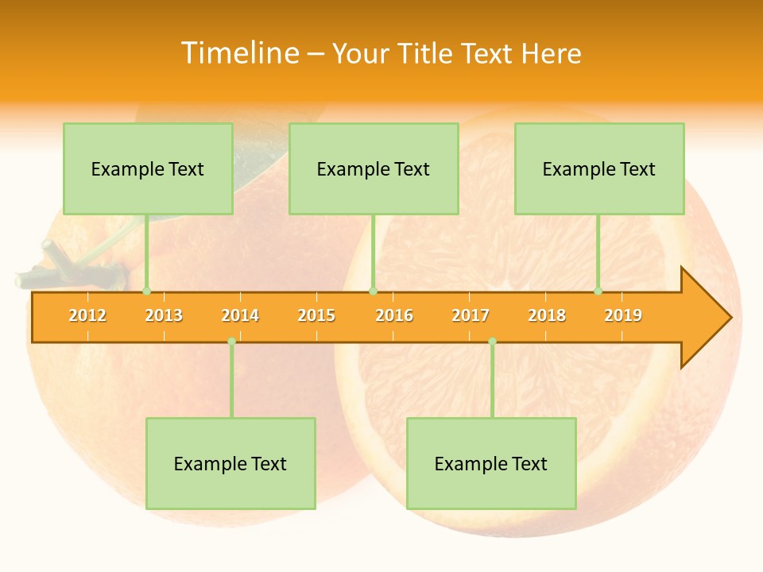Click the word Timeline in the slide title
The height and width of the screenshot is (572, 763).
coord(239,53)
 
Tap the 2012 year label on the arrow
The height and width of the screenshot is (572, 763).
coord(87,315)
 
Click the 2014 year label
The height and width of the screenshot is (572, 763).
coord(240,315)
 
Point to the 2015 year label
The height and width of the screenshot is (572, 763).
coord(316,315)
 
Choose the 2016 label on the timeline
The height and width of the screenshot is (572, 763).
coord(394,315)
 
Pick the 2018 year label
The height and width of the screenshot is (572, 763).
coord(547,315)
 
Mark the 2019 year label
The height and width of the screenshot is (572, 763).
coord(623,315)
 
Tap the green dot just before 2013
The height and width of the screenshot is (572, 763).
coord(146,292)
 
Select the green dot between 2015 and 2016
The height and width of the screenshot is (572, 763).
coord(373,292)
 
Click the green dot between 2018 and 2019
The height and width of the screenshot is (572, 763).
coord(598,292)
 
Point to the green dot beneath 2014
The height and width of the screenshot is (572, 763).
coord(231,342)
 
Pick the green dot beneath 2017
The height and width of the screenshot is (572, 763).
coord(492,342)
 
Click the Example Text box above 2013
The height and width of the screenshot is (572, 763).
coord(148,169)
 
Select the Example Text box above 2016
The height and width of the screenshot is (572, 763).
coord(374,169)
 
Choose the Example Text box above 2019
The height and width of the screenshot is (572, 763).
coord(599,169)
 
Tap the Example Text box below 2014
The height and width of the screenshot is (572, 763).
coord(230,464)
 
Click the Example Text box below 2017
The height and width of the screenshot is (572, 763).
coord(491,464)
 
